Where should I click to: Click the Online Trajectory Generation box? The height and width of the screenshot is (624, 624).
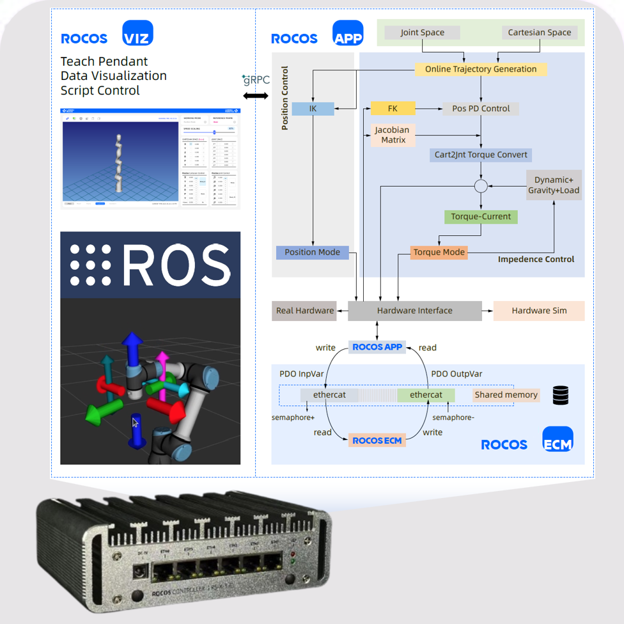481,69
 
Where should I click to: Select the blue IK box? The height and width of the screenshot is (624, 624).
313,109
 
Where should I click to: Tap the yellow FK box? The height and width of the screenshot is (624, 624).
393,109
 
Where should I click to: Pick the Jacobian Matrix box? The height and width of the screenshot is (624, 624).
393,135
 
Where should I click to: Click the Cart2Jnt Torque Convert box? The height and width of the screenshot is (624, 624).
481,155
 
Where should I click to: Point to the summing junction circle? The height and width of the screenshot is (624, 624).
481,186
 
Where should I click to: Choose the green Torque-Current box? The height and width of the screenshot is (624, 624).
481,217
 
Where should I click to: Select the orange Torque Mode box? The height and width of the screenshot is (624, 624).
439,253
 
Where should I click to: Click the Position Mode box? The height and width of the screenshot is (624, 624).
313,253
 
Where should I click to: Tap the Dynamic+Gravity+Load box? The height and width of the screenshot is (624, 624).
554,185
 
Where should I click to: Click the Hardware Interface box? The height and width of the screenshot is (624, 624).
414,311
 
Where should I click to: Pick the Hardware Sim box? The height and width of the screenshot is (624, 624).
539,311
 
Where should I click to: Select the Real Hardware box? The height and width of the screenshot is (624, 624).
305,311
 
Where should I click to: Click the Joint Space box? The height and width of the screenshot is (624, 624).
422,32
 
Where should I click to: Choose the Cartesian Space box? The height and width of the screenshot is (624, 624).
539,32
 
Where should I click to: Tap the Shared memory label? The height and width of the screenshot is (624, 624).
506,395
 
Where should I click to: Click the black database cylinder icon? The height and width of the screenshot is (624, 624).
561,396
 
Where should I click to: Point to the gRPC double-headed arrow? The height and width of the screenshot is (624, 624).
256,96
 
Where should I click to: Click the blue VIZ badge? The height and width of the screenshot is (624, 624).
137,33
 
